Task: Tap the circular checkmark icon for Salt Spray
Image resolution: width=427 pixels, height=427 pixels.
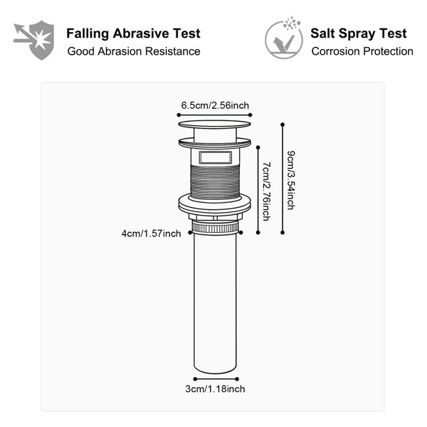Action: pyautogui.click(x=284, y=39)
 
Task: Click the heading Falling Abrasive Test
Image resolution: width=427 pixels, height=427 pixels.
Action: pyautogui.click(x=134, y=33)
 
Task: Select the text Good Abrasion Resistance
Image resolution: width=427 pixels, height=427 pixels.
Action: pyautogui.click(x=134, y=51)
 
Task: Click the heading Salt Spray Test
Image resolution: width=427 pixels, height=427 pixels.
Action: pyautogui.click(x=359, y=33)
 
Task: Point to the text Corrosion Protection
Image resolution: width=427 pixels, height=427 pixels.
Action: pyautogui.click(x=362, y=51)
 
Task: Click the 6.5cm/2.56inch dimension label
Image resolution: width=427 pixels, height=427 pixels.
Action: pyautogui.click(x=215, y=105)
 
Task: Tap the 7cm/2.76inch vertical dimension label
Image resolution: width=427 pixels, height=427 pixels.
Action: pyautogui.click(x=266, y=191)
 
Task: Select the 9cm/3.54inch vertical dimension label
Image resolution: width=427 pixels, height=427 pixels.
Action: pyautogui.click(x=291, y=180)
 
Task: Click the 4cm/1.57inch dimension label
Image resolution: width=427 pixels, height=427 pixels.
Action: pyautogui.click(x=151, y=233)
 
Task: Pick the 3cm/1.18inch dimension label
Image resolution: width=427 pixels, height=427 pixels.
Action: pyautogui.click(x=215, y=389)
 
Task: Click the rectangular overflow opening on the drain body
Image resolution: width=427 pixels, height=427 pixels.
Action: pyautogui.click(x=216, y=158)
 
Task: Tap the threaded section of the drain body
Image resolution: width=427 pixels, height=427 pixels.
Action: pyautogui.click(x=215, y=182)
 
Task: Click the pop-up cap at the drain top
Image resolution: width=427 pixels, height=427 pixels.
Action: pyautogui.click(x=215, y=125)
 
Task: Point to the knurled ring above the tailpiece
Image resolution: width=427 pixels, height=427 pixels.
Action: pyautogui.click(x=215, y=228)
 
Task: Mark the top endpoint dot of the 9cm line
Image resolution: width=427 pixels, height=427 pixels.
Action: pyautogui.click(x=283, y=125)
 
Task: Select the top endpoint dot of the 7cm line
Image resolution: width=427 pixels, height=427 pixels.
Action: pyautogui.click(x=258, y=147)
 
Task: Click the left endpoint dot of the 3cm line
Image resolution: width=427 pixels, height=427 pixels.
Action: pyautogui.click(x=195, y=379)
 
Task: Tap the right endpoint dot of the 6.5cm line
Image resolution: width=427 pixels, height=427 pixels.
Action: pyautogui.click(x=251, y=115)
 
